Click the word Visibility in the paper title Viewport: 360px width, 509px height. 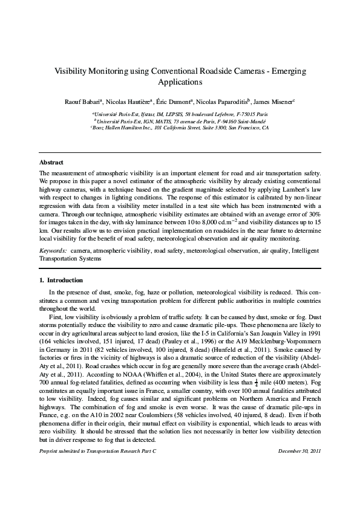click(x=73, y=71)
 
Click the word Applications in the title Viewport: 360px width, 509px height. click(x=180, y=82)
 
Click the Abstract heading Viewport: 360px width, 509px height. click(x=51, y=163)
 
